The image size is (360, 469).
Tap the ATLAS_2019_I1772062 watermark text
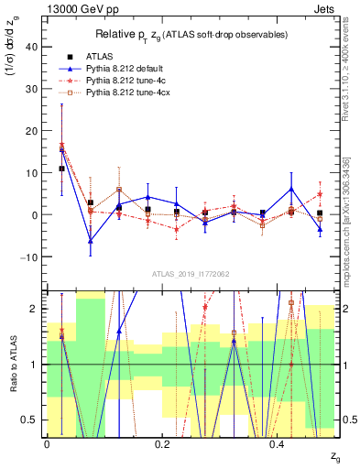190,273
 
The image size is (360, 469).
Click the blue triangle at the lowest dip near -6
91,241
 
